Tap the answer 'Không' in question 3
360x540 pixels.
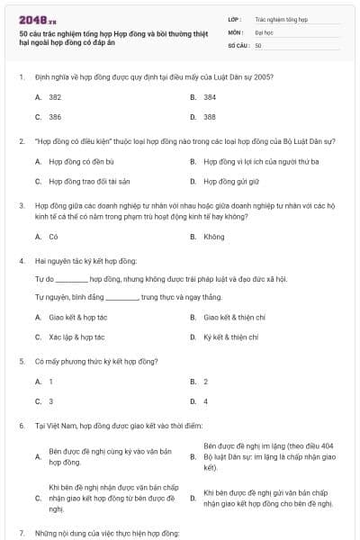(214, 237)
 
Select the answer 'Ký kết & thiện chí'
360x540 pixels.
(231, 337)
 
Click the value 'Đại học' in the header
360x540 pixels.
(264, 31)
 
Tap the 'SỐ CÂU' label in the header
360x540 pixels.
(238, 44)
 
